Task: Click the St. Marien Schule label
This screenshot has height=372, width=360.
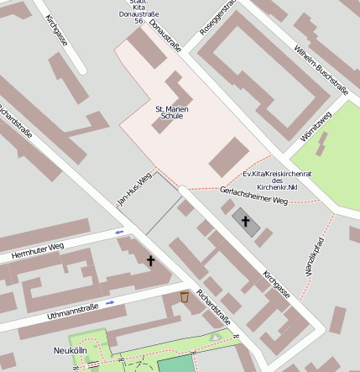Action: (x=170, y=113)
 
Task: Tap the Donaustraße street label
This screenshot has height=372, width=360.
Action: (x=165, y=34)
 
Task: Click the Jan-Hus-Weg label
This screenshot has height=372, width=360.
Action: (x=133, y=190)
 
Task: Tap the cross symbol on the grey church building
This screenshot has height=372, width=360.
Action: (x=246, y=222)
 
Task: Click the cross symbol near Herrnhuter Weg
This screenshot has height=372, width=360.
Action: (x=151, y=261)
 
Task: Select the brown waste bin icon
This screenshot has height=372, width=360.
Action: (x=185, y=296)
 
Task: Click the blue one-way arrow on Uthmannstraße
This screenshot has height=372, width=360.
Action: (x=110, y=302)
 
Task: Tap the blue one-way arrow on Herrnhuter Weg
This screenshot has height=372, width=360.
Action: (x=119, y=232)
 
